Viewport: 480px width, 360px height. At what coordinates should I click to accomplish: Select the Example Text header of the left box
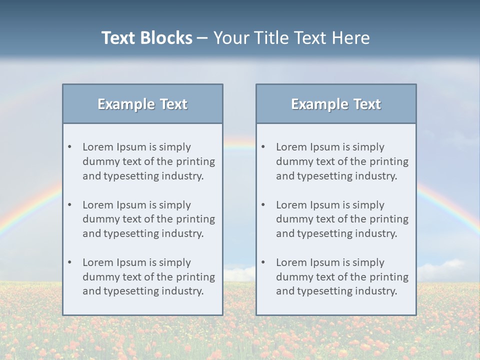click(142, 104)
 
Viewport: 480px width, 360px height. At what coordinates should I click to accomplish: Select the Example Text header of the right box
click(336, 104)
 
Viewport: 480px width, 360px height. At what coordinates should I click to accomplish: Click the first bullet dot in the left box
click(70, 147)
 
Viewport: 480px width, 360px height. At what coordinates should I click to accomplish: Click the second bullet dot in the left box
click(70, 205)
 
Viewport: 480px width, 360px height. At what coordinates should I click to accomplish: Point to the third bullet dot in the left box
click(70, 262)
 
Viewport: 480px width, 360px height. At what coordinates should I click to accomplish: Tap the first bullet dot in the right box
click(263, 147)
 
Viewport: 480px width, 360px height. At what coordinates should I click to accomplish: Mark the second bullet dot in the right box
click(263, 205)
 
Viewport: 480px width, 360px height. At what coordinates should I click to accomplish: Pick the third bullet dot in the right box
click(263, 262)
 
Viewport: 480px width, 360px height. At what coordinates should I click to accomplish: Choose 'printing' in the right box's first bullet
click(388, 161)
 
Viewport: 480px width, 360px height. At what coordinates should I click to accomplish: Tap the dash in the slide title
click(202, 38)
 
